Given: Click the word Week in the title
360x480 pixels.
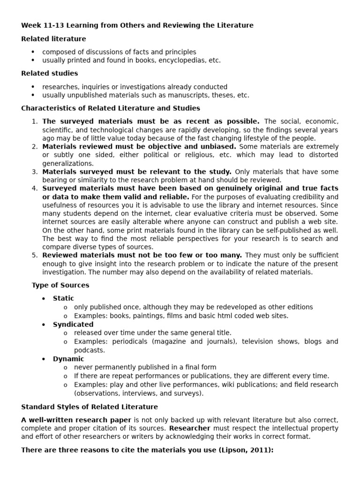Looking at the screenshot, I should point(30,25).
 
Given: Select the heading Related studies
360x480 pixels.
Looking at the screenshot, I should point(50,74).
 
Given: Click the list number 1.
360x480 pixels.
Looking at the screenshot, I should point(35,121).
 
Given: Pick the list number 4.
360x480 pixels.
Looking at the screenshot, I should point(35,188).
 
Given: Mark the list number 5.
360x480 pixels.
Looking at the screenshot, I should point(35,255).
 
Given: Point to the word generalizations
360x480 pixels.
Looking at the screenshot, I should point(68,164).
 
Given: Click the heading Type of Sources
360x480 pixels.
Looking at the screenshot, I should point(60,285).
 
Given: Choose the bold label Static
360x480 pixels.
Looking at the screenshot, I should point(63,299).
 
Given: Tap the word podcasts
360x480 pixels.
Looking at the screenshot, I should point(89,350).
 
